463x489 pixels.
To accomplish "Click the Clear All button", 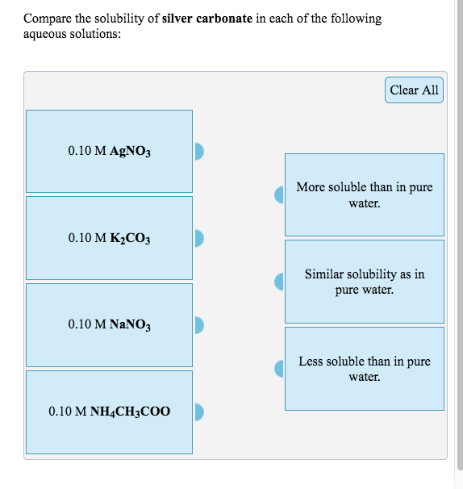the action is pos(414,90).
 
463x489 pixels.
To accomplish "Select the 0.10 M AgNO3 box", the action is pos(109,151).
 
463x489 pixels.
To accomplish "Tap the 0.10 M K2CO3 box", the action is pos(109,238).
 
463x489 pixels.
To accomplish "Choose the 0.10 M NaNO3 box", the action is pos(109,325).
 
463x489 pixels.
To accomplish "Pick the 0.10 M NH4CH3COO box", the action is pos(109,412).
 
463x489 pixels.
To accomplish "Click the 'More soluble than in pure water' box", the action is pos(365,194).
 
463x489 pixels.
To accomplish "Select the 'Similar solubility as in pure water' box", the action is pos(365,282).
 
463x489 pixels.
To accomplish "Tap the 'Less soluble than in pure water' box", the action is pos(365,369).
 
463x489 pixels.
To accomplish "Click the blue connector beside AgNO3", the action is pos(200,151).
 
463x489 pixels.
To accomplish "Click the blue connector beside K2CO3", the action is pos(200,238).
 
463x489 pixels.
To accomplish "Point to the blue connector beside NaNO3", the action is pos(200,325).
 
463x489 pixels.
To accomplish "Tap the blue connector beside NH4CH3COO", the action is pos(200,412).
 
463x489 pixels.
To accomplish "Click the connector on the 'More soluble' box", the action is pos(279,194).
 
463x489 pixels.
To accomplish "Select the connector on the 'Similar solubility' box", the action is pos(279,282).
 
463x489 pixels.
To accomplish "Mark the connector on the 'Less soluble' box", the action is pos(279,369).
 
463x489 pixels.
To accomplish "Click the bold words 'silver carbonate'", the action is pos(208,19).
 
